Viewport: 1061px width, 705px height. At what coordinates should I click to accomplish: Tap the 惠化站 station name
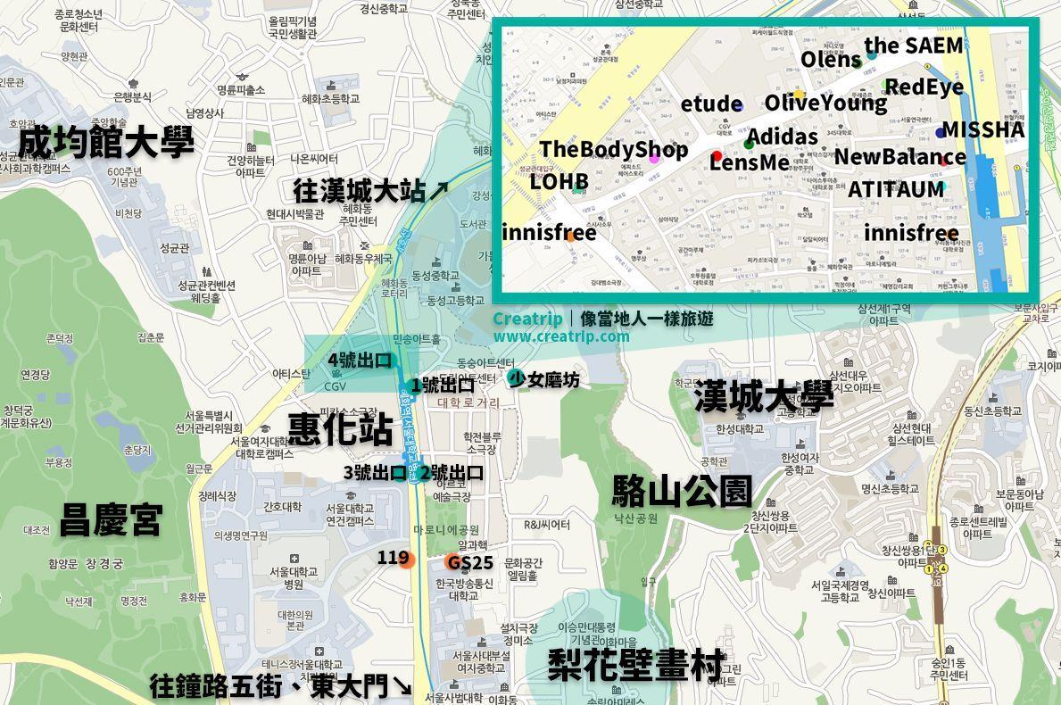(340, 429)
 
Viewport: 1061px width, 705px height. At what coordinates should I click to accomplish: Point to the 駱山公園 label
(682, 491)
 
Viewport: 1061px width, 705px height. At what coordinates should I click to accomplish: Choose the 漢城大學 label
(764, 396)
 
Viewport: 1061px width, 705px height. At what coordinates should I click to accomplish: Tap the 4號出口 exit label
(359, 361)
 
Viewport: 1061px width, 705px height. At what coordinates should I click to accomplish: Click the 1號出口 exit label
(443, 385)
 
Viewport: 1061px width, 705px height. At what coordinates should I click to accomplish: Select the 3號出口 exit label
(374, 473)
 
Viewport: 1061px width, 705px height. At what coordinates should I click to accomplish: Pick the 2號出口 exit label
(452, 473)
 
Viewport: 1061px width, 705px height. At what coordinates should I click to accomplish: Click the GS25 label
(470, 562)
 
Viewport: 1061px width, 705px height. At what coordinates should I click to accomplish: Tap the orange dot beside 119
(407, 560)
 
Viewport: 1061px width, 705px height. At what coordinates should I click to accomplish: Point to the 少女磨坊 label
(544, 380)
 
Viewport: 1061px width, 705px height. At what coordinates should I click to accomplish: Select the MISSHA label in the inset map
(983, 129)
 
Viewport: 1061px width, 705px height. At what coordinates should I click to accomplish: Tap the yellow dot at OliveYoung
(799, 95)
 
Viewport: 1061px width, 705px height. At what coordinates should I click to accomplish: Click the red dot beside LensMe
(716, 156)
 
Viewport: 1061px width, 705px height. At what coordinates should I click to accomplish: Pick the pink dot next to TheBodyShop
(654, 158)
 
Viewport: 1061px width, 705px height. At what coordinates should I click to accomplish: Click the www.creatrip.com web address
(560, 336)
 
